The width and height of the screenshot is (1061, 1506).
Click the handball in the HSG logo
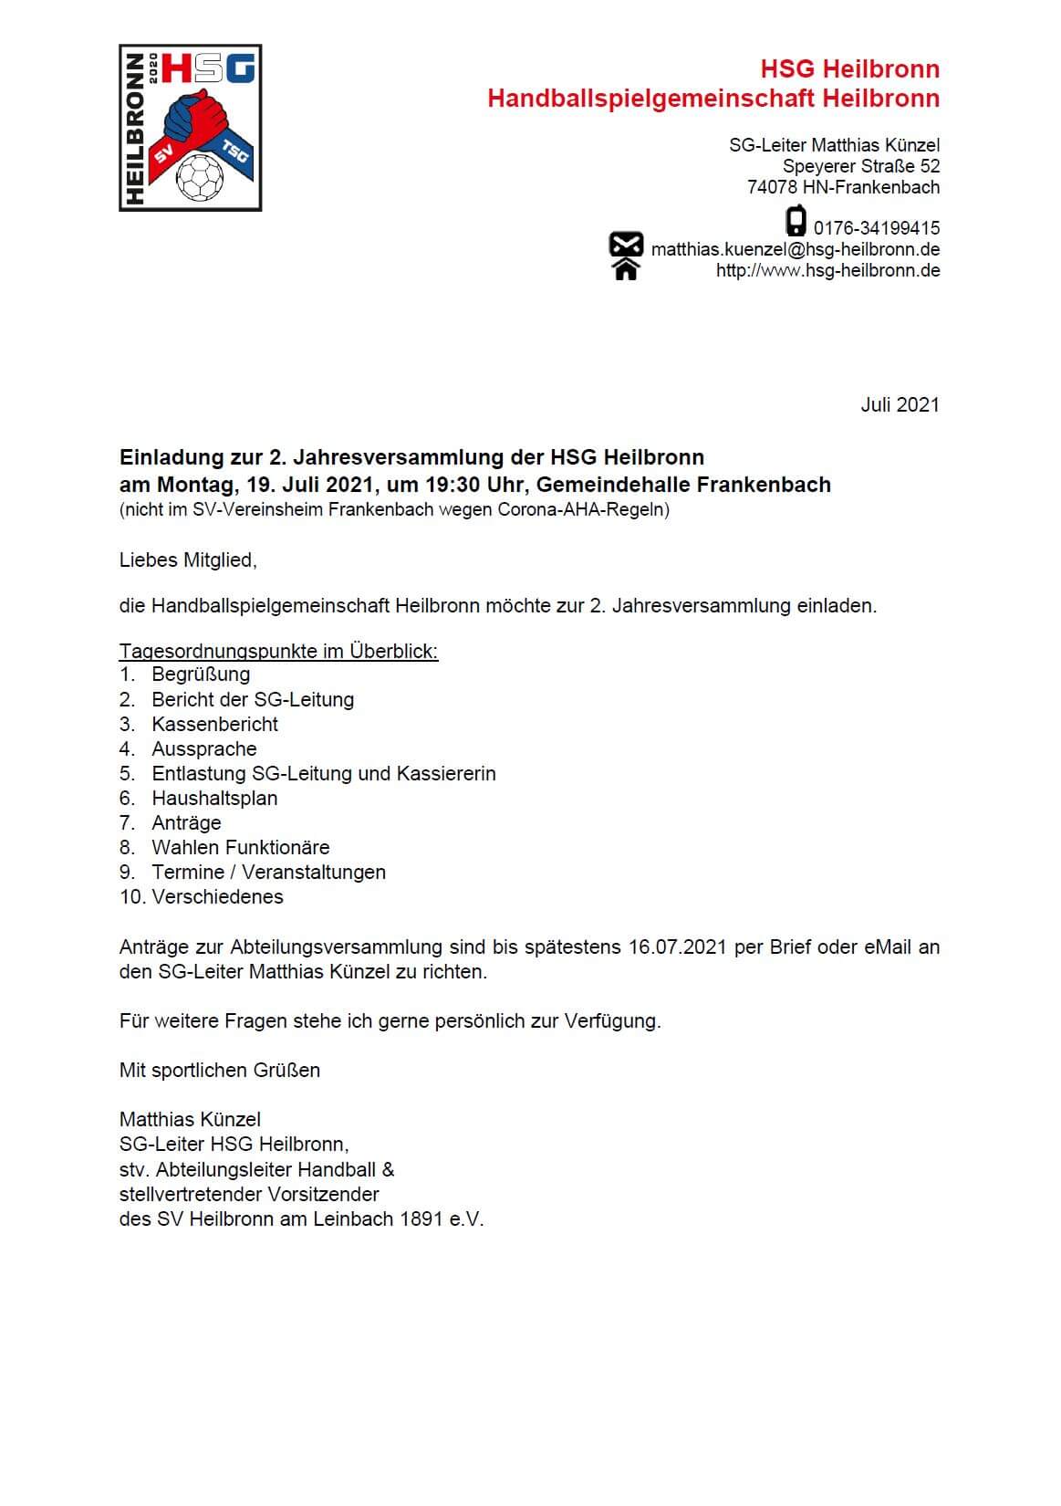tap(199, 177)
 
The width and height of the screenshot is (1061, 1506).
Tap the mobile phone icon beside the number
tap(796, 222)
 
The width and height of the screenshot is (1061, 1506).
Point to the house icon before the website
tap(626, 269)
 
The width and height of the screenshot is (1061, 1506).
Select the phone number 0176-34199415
tap(877, 228)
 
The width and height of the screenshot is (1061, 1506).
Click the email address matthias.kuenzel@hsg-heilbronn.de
tap(795, 249)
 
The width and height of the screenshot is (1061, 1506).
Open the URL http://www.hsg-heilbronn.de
tap(827, 270)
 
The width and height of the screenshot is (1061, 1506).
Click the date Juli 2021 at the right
tap(900, 405)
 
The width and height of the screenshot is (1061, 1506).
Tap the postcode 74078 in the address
tap(772, 187)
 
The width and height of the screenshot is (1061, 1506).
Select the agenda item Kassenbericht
tap(214, 724)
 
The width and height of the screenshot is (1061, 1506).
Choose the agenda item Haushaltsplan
tap(214, 798)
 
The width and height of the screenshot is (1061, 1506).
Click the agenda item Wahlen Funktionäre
tap(240, 847)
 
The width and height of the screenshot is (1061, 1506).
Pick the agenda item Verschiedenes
tap(217, 896)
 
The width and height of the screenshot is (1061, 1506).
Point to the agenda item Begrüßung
tap(201, 675)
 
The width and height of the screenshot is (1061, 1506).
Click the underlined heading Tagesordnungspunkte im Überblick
tap(278, 652)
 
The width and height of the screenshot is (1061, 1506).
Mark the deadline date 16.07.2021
tap(677, 946)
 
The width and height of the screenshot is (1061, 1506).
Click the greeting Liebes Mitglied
tap(188, 560)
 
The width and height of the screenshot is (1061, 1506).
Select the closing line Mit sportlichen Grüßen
tap(219, 1070)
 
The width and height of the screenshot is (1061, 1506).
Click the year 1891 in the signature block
tap(421, 1218)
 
